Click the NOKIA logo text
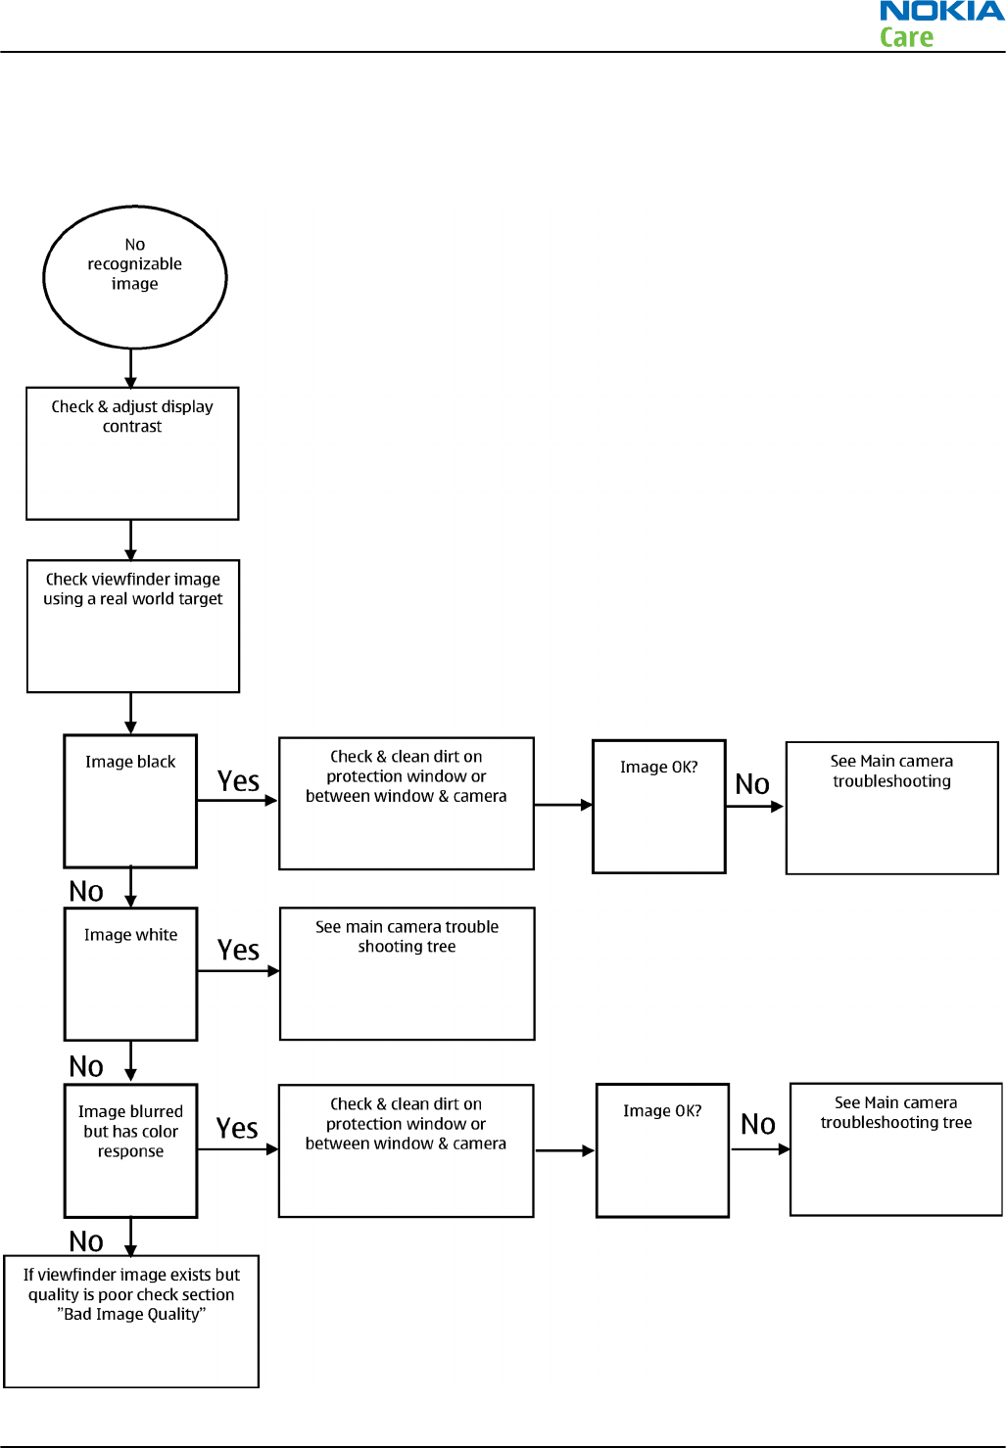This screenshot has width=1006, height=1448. click(942, 11)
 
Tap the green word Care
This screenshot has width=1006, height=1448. click(906, 37)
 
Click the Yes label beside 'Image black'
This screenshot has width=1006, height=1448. click(238, 781)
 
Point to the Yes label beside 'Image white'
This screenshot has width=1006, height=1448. click(238, 950)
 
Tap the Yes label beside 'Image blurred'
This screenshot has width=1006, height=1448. click(237, 1128)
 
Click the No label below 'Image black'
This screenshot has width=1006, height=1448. click(86, 892)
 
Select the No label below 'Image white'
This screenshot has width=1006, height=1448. click(86, 1066)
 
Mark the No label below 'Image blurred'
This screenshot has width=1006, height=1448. click(86, 1241)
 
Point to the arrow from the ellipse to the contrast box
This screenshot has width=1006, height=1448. click(130, 368)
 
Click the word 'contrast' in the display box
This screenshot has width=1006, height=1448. click(132, 427)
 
